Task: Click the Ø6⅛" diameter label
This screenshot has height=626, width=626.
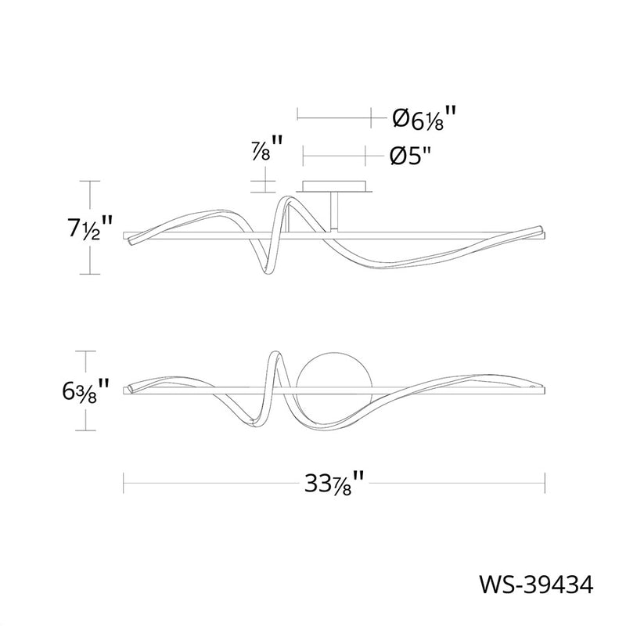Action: [424, 118]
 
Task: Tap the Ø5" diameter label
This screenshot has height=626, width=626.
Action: [411, 156]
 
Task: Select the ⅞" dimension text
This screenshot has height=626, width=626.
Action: [267, 149]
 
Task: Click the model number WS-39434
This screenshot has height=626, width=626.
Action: [536, 585]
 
